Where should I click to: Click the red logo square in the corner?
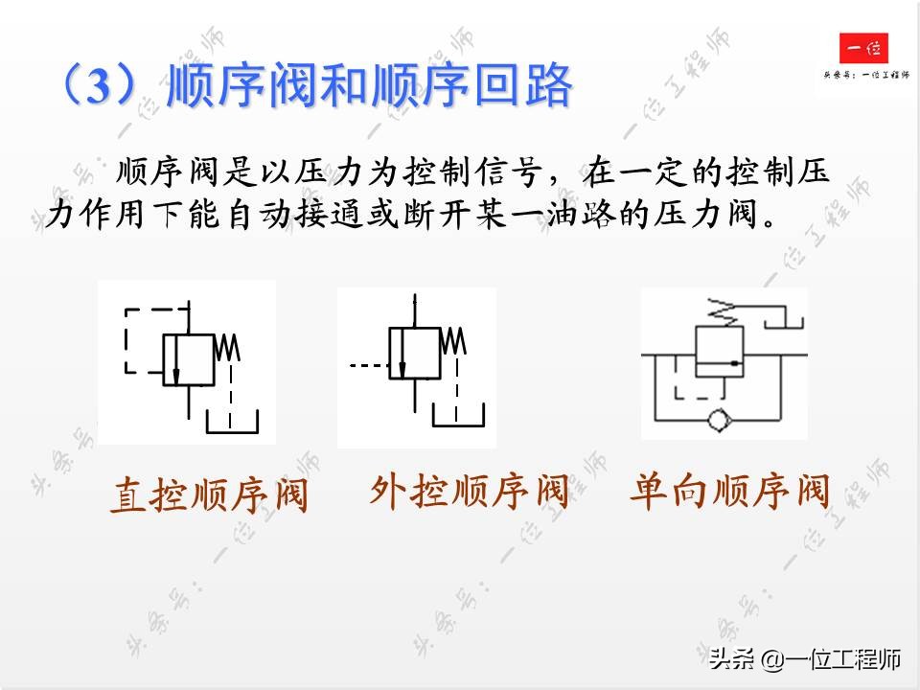[x=863, y=48]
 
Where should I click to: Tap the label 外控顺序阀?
[x=470, y=493]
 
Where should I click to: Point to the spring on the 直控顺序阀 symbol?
[x=228, y=347]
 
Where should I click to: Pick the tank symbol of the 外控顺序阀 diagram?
[x=458, y=415]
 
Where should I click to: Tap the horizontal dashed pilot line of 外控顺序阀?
[x=367, y=365]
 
